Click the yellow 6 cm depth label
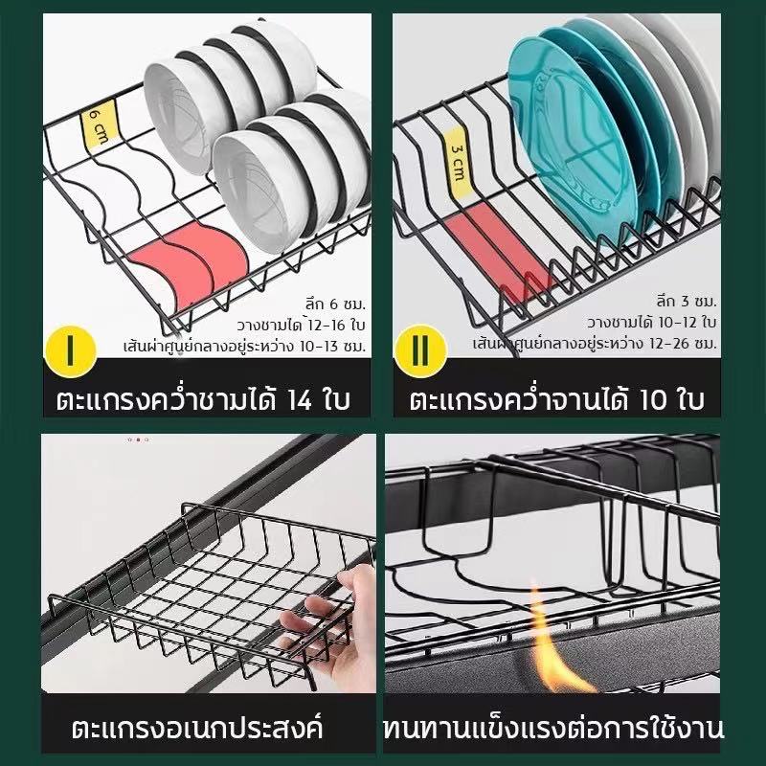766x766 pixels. (x=100, y=124)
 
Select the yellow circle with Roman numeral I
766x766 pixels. (x=70, y=350)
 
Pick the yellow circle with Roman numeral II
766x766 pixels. (x=420, y=350)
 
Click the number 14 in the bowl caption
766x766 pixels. (x=299, y=400)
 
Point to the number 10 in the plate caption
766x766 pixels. (x=653, y=399)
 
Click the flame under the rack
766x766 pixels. (x=557, y=644)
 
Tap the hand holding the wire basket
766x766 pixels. (x=332, y=630)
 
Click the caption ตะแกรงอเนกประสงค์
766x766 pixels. (x=197, y=728)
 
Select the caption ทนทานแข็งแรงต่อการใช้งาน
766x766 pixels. (x=553, y=728)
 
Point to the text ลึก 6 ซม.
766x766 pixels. (x=336, y=304)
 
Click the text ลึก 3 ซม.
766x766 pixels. (x=687, y=302)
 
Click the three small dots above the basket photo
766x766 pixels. (x=138, y=439)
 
